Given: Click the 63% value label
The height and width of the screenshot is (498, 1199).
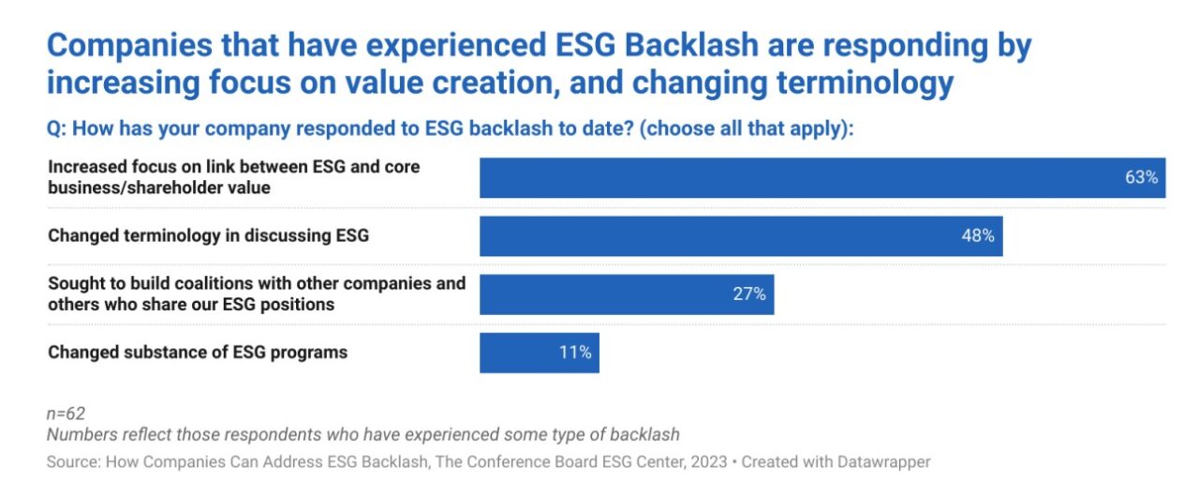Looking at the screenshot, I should click(1141, 177).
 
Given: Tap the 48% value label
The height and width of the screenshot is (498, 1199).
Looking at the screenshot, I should click(977, 235).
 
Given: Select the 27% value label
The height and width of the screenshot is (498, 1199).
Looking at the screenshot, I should click(748, 294).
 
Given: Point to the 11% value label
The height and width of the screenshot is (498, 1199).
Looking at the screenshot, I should click(574, 353).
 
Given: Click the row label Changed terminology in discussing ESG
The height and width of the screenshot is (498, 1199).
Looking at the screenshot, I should click(208, 235).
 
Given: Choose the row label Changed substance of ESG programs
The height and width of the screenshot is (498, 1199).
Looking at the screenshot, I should click(198, 353).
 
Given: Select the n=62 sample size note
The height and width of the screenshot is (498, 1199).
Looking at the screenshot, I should click(67, 414).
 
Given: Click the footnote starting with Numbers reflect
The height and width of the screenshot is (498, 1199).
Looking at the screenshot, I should click(363, 434).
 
